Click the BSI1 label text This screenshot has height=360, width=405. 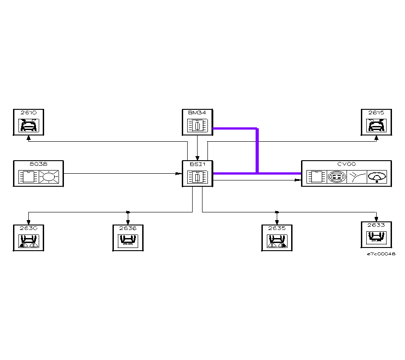197,164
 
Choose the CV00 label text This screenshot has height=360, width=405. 346,164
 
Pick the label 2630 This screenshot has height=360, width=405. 28,228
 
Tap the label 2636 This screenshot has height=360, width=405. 128,228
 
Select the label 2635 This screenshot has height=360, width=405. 277,228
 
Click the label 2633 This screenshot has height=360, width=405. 376,225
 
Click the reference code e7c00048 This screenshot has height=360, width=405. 381,254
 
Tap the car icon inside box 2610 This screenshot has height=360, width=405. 28,125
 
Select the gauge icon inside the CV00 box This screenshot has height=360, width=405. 377,177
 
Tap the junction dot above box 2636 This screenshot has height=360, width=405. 128,212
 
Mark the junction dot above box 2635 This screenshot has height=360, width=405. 277,212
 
